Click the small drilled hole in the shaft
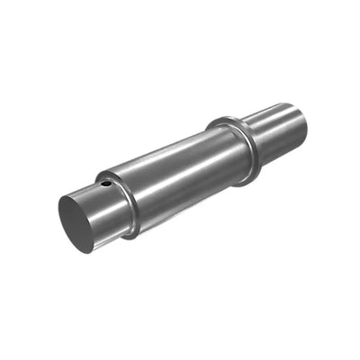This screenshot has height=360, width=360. (107, 184)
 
